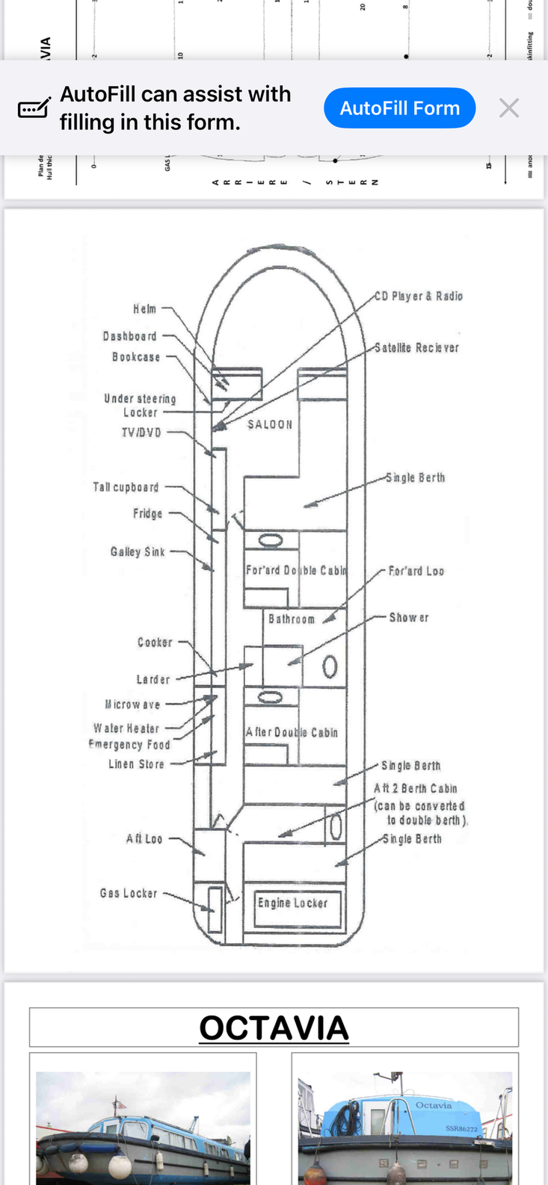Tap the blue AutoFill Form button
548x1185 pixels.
[400, 108]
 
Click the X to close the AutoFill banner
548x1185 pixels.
[509, 108]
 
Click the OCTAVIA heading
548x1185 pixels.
[274, 1028]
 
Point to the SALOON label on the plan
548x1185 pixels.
[270, 424]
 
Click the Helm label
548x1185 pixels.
[145, 309]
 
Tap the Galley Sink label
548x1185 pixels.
[138, 551]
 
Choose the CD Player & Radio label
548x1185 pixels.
[419, 296]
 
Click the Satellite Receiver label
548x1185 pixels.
[416, 347]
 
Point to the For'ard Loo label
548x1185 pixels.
[416, 571]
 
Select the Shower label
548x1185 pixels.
[409, 617]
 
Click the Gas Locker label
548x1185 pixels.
[129, 893]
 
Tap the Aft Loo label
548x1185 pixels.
[144, 839]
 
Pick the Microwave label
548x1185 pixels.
[132, 704]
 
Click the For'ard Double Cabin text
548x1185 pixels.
[296, 570]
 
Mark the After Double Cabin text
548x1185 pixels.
[292, 732]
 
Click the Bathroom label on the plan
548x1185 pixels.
[292, 619]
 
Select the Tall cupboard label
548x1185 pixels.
[126, 487]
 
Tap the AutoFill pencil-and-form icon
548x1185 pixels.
[34, 108]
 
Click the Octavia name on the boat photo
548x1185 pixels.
[434, 1105]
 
